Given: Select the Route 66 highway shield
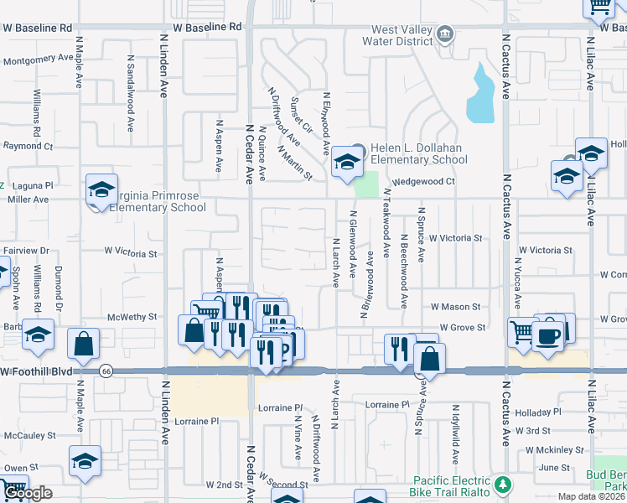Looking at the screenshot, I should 106,370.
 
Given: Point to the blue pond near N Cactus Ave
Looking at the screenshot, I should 481,94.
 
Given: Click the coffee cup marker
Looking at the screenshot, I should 549,337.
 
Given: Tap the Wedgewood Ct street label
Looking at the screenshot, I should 423,181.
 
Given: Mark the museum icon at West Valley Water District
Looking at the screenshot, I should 445,35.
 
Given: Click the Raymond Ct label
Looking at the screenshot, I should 28,146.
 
